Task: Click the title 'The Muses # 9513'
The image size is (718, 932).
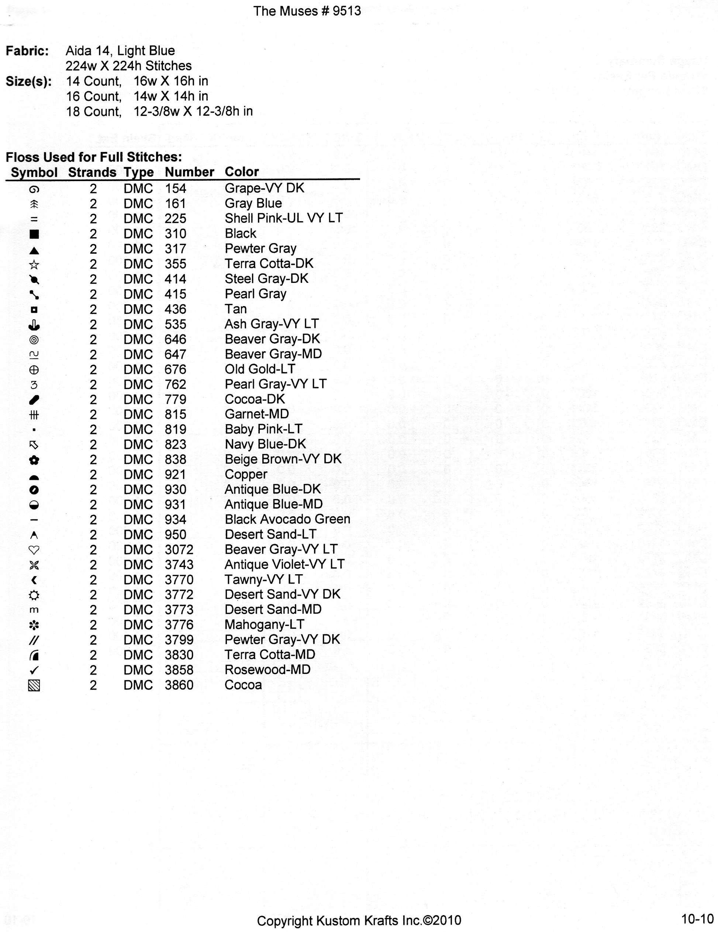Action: click(307, 11)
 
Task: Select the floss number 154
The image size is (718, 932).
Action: click(176, 188)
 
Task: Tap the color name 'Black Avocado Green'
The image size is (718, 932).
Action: click(287, 519)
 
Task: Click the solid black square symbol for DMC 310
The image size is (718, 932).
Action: click(34, 234)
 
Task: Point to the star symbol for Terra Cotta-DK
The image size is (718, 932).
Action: click(34, 264)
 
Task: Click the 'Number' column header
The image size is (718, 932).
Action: click(189, 172)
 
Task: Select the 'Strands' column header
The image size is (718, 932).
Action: click(92, 172)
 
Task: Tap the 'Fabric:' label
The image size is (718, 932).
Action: click(27, 51)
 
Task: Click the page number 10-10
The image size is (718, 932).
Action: click(697, 918)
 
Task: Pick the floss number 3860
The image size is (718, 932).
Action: click(179, 685)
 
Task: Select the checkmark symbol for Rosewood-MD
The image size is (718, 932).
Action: click(34, 670)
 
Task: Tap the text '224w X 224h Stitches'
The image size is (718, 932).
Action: click(128, 66)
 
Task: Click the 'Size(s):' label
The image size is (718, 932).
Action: click(29, 82)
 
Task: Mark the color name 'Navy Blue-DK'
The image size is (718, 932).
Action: click(265, 444)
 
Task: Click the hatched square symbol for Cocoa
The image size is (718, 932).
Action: click(34, 685)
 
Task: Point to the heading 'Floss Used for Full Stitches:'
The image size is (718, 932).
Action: click(93, 157)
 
